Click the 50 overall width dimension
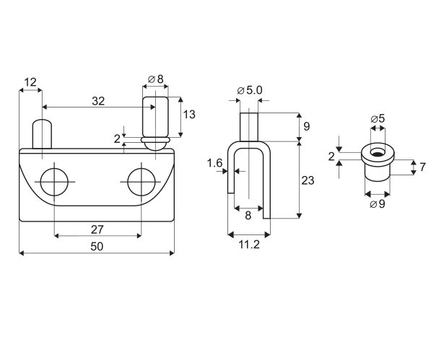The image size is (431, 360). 97,246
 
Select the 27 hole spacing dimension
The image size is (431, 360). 97,229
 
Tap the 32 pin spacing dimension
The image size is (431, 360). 98,101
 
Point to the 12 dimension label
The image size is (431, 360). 30,82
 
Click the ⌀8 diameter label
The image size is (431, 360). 155,79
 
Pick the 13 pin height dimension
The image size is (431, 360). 189,114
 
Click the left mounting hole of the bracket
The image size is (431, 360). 54,182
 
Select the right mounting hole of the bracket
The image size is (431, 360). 142,182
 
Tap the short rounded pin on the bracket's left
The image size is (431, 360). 42,133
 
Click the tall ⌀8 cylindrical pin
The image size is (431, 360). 155,117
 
